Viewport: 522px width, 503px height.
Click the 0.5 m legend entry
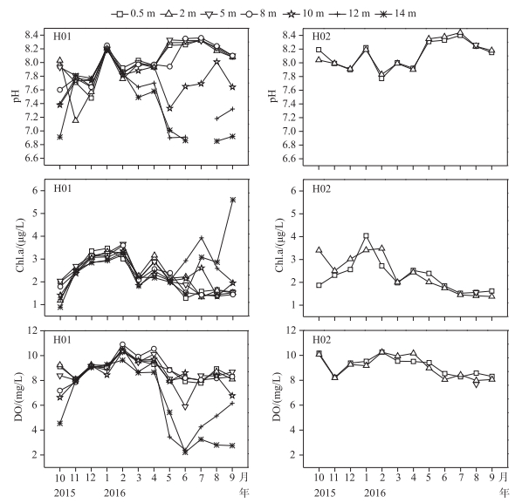tap(134, 14)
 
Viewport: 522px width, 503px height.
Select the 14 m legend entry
tap(395, 14)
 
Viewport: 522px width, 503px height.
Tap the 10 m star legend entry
tap(303, 14)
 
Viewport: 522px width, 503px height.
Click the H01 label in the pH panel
tap(62, 37)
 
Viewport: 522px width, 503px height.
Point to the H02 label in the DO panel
tap(321, 340)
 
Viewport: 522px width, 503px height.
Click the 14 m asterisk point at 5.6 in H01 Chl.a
tap(233, 200)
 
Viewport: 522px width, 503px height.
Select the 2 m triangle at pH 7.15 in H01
tap(76, 120)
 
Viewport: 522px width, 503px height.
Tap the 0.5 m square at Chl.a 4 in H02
tap(367, 236)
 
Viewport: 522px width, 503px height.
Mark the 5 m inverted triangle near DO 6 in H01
tap(185, 407)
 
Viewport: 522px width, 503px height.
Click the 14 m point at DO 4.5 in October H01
tap(60, 423)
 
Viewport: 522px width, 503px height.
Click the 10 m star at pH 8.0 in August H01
tap(217, 62)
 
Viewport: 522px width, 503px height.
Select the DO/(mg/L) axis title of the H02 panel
tap(277, 397)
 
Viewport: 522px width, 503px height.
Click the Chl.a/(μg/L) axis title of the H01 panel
tap(20, 245)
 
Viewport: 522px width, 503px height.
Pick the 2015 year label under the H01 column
tap(65, 493)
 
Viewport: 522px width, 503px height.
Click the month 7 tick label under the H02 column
tap(460, 478)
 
